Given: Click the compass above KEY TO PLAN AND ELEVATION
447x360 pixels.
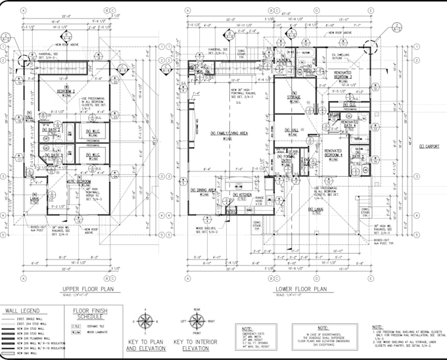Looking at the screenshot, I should click(145, 322).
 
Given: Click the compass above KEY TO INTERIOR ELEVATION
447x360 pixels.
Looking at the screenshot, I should click(195, 322).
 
